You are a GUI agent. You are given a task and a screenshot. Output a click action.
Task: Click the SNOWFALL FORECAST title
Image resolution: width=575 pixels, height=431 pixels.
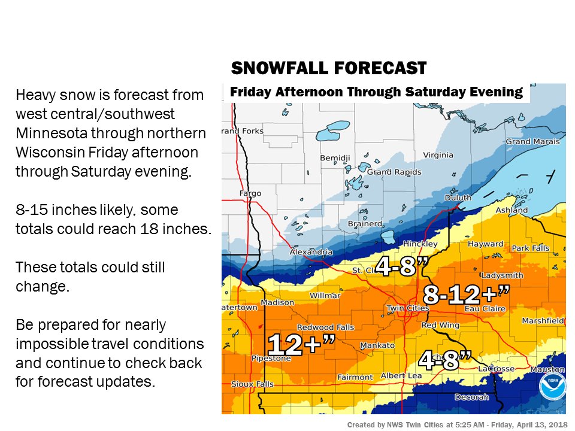[328, 68]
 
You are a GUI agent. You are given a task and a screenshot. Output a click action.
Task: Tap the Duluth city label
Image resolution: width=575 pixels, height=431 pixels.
[458, 198]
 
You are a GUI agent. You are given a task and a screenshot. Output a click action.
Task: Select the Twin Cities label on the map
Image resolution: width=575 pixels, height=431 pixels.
[408, 308]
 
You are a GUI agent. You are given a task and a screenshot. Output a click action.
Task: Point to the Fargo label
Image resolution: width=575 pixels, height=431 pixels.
[250, 193]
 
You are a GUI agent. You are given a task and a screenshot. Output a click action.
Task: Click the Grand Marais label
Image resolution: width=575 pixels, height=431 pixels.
[532, 142]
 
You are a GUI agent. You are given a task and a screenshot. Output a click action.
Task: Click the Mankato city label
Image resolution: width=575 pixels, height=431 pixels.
[377, 345]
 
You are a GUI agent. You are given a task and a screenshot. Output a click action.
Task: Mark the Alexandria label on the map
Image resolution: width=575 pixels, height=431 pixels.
[311, 252]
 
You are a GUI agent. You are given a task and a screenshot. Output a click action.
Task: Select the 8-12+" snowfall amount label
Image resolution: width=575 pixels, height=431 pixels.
[467, 295]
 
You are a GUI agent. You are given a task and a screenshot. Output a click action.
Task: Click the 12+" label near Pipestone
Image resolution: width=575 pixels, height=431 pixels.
[301, 345]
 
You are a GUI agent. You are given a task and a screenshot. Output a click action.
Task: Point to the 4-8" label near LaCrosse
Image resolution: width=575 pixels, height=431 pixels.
[445, 360]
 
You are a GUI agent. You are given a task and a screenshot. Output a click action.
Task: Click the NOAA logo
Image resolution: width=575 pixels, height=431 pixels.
[551, 387]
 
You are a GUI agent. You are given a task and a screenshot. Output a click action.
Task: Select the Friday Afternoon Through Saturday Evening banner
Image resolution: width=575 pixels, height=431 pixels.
[376, 92]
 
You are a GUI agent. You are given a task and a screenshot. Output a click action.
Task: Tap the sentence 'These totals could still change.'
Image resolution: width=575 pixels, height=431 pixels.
[90, 277]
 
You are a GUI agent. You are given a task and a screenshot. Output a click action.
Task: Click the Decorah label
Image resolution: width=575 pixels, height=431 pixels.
[472, 397]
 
